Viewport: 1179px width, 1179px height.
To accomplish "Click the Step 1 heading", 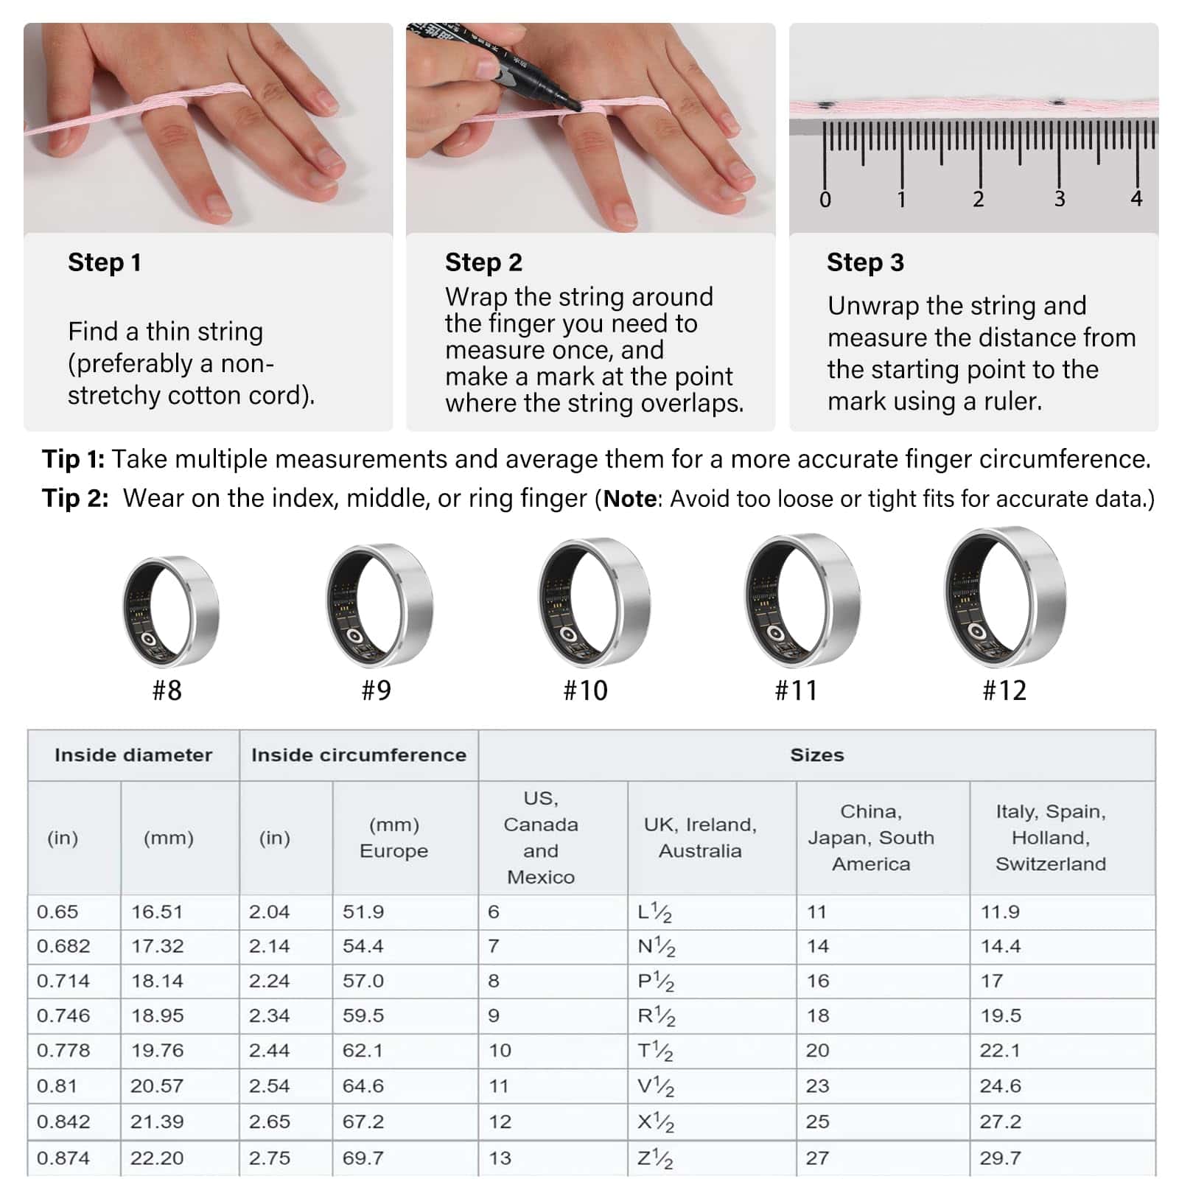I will point(104,262).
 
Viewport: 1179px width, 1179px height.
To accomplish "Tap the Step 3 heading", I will point(865,262).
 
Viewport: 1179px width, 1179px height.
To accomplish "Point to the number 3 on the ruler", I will point(1059,199).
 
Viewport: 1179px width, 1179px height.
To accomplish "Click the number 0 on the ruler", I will point(825,200).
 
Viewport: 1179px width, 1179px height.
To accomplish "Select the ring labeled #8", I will point(170,612).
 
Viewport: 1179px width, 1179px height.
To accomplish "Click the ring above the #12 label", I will point(1005,598).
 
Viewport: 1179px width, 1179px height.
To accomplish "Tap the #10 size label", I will point(585,690).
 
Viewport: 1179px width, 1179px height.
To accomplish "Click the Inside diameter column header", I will point(133,755).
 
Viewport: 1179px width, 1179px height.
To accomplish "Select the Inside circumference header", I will point(359,755).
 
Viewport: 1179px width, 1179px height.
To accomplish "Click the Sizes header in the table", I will point(817,755).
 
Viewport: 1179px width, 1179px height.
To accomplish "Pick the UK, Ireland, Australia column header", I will point(700,838).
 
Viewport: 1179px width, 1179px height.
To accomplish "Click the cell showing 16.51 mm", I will point(156,912).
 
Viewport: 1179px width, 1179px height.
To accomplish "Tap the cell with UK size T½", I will point(655,1051).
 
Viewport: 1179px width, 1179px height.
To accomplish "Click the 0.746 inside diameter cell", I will point(63,1015).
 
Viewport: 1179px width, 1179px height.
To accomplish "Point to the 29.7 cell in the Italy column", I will point(1000,1158).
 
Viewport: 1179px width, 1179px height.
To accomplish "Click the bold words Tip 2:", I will point(75,499).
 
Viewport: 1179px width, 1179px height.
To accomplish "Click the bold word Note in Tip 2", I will point(630,500).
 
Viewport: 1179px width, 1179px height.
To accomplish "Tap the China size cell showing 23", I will point(817,1086).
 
